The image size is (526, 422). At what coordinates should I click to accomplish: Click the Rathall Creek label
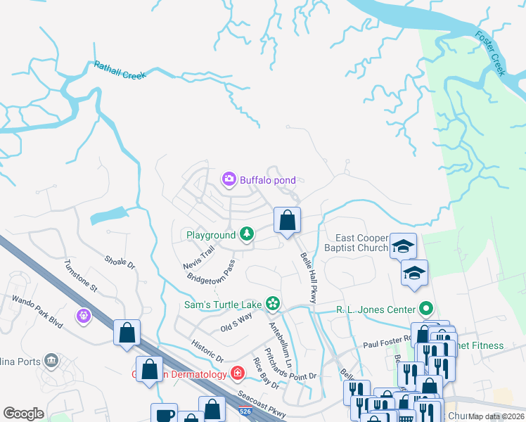120,70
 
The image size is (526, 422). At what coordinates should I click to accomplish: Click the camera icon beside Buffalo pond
229,180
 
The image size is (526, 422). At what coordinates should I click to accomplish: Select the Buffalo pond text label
268,180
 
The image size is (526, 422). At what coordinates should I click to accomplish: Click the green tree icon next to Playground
246,234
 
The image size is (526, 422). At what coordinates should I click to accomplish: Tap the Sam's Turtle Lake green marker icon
273,305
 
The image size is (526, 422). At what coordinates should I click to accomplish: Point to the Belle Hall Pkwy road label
309,278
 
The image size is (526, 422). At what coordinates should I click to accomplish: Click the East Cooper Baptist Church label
357,243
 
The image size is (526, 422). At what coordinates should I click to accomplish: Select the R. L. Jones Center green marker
425,308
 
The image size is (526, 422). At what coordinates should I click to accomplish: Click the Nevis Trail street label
199,257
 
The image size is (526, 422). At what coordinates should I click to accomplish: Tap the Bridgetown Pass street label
211,271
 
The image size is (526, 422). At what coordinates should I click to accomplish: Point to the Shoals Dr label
119,262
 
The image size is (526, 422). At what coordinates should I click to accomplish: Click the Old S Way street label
236,323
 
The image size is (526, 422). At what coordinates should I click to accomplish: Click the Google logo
24,414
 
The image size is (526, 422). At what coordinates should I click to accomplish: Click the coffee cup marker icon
165,414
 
